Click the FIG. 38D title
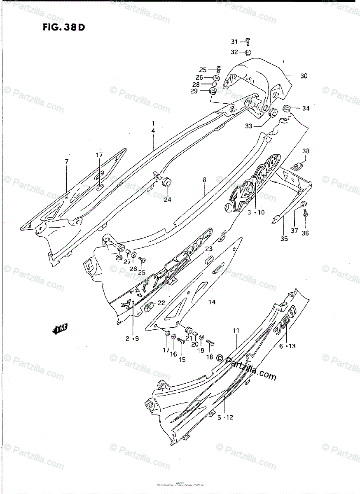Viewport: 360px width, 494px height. point(64,28)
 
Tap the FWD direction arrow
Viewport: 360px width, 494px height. point(60,328)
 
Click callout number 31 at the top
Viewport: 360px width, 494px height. point(234,42)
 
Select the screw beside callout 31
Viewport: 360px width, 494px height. point(248,41)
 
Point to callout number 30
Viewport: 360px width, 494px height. point(304,76)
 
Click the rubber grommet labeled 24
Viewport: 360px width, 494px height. point(167,182)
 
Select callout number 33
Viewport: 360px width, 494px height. point(248,126)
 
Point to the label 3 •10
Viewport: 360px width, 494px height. point(256,212)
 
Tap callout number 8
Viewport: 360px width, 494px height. point(204,179)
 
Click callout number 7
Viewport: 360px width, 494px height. point(67,161)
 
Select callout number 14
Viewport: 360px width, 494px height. point(212,302)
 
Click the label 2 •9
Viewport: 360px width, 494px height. point(133,338)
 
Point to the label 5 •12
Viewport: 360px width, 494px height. point(225,417)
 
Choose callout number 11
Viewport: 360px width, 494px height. point(236,331)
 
